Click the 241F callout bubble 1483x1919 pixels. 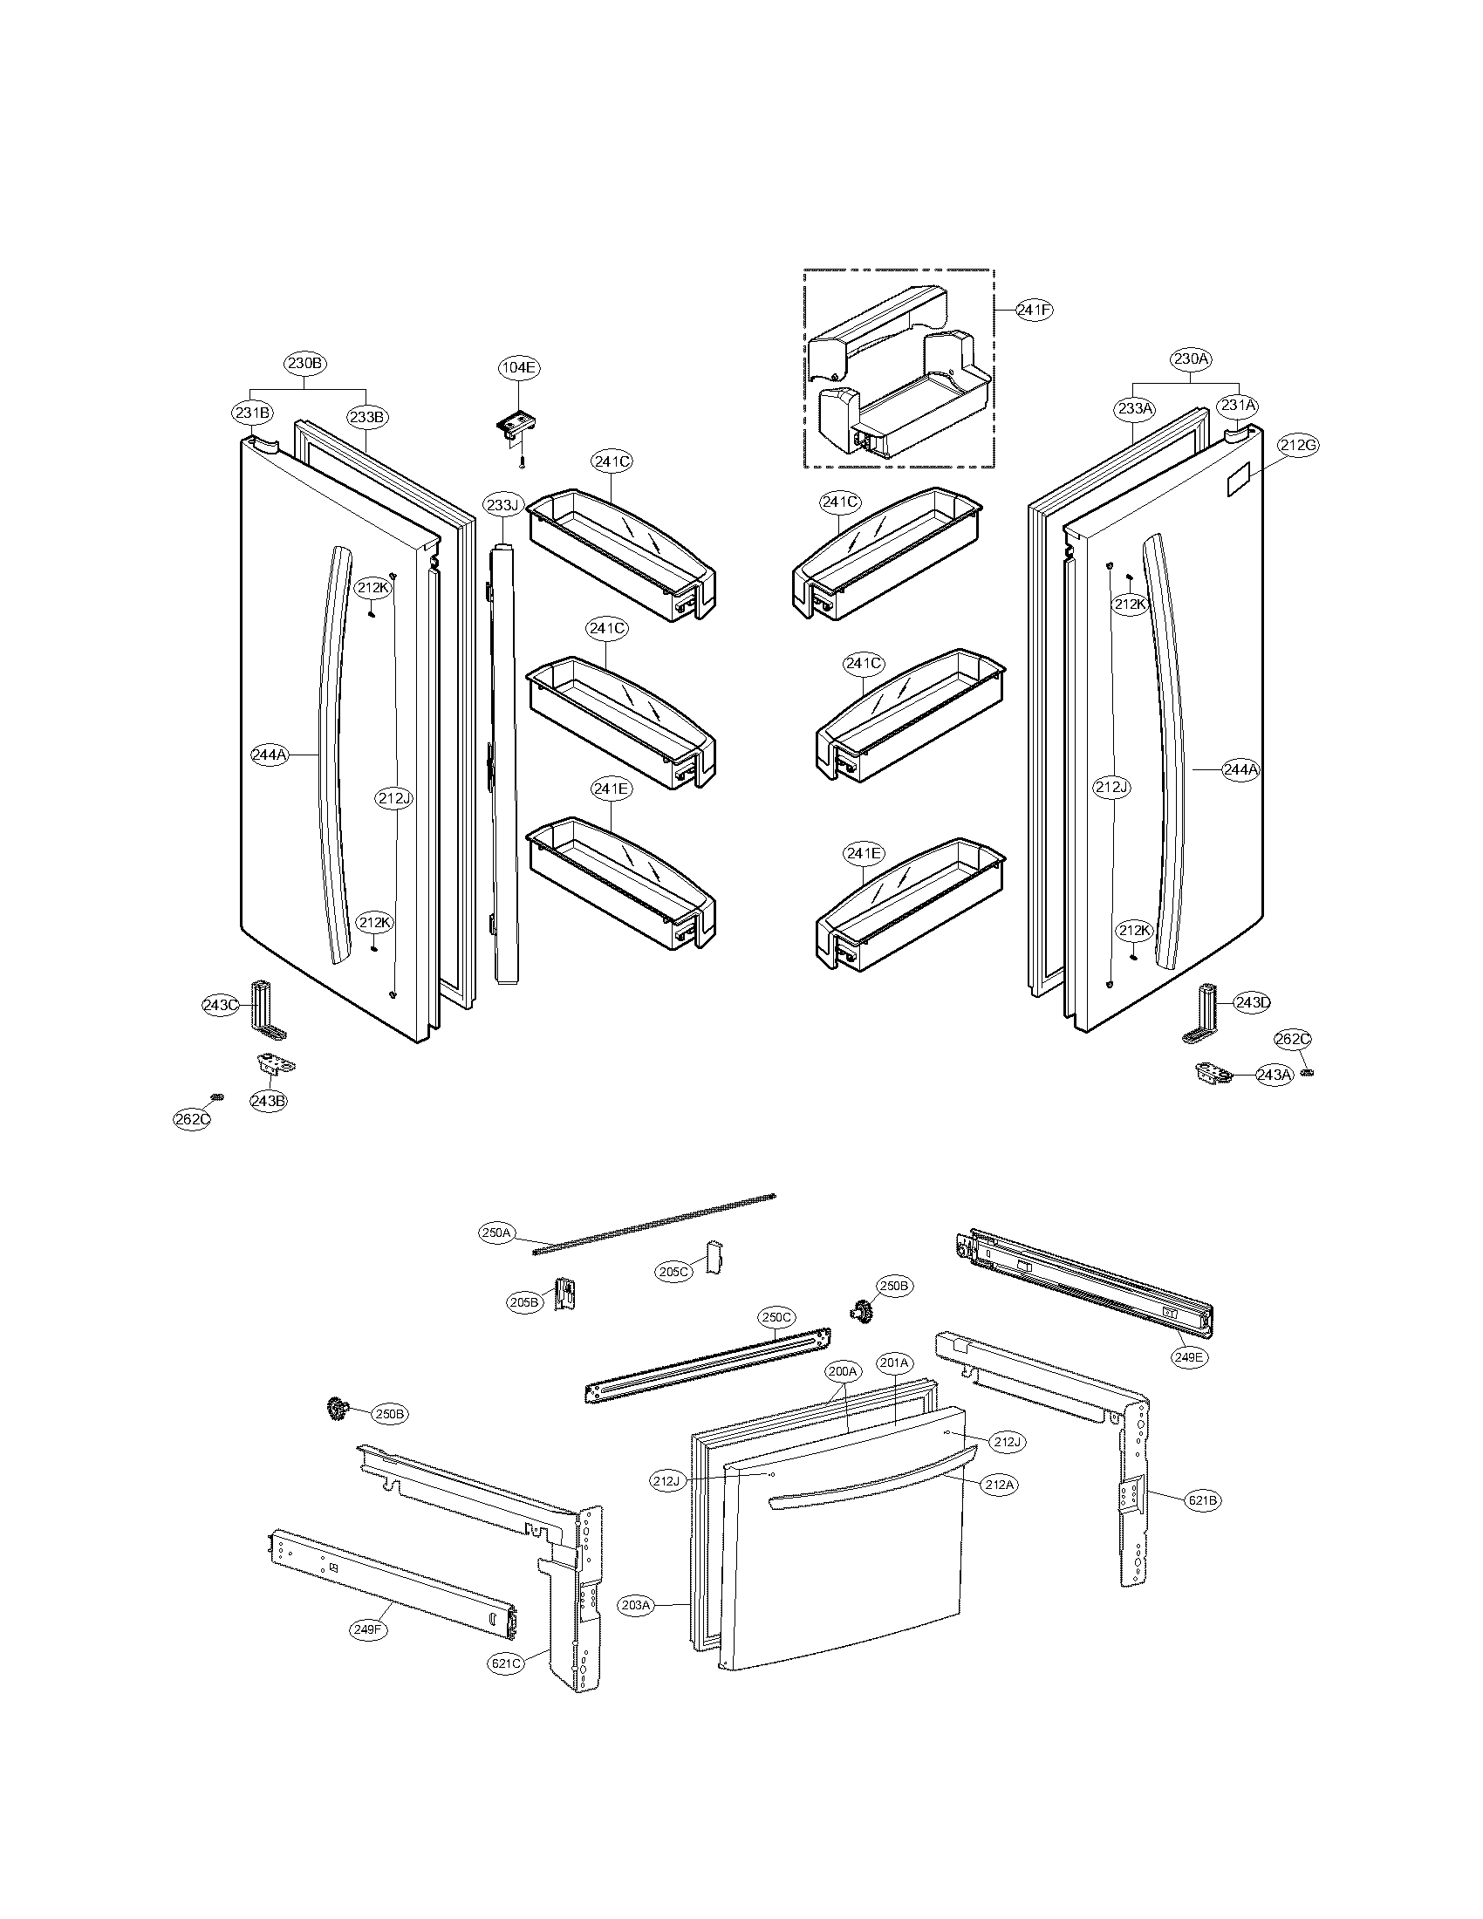(1034, 310)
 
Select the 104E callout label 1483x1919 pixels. (518, 367)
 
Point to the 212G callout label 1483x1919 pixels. (1299, 445)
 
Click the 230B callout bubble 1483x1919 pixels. (304, 362)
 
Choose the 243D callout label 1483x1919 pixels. (1252, 1002)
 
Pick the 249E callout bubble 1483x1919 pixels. (1189, 1356)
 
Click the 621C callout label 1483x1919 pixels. (508, 1663)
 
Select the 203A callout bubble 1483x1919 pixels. (636, 1605)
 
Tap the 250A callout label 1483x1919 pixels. (496, 1233)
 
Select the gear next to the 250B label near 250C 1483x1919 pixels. (860, 1312)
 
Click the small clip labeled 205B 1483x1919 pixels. (566, 1294)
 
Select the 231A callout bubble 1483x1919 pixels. (1237, 406)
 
